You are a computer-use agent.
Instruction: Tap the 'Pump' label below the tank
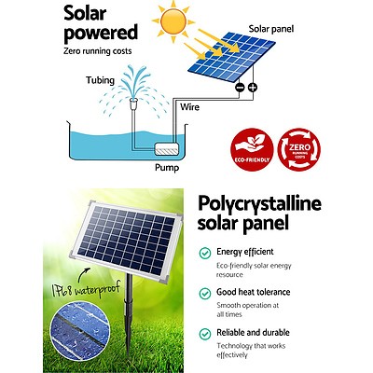(167, 169)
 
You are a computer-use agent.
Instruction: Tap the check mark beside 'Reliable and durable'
(204, 333)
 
